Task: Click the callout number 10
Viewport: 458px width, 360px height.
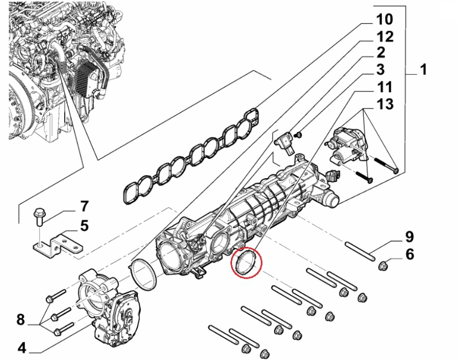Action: pos(385,20)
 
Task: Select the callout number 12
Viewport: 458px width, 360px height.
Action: pos(385,37)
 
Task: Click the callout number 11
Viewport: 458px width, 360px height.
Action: pos(385,87)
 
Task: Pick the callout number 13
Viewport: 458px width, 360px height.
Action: pos(385,104)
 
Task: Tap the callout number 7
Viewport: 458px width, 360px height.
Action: pos(84,207)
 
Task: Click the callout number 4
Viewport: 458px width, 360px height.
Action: pos(21,349)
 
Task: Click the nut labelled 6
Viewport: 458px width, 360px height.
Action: pos(384,264)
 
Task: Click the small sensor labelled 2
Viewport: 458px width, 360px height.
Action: pos(285,142)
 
